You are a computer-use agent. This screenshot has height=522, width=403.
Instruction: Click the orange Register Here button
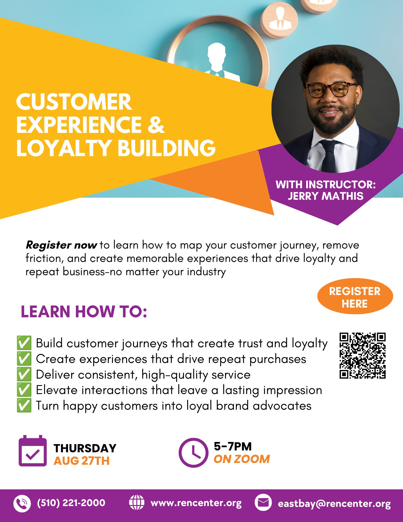[x=355, y=296]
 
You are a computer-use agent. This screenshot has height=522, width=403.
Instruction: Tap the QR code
[x=363, y=355]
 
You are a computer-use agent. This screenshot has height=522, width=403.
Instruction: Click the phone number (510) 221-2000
[x=71, y=503]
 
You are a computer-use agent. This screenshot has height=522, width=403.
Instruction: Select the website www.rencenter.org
[x=196, y=503]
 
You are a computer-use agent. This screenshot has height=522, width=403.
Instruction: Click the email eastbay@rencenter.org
[x=334, y=503]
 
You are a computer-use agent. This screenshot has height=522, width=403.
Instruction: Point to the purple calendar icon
[x=33, y=451]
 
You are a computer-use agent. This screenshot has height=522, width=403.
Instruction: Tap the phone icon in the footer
[x=22, y=503]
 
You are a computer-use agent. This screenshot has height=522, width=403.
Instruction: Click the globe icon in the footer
[x=137, y=502]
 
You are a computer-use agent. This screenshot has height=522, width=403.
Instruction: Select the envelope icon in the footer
[x=263, y=502]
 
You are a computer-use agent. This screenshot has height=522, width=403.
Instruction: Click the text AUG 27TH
[x=82, y=461]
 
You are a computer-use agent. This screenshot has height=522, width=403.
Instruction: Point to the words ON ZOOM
[x=242, y=459]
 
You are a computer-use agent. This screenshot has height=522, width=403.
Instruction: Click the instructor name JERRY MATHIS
[x=326, y=196]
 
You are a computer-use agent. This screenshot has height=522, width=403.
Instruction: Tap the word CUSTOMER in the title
[x=74, y=102]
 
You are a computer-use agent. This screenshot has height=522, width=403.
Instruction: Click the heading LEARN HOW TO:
[x=84, y=312]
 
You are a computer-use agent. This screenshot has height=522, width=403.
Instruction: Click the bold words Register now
[x=61, y=245]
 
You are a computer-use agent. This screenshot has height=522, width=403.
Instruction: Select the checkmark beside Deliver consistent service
[x=24, y=374]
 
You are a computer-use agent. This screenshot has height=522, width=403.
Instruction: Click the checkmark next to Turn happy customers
[x=24, y=405]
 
